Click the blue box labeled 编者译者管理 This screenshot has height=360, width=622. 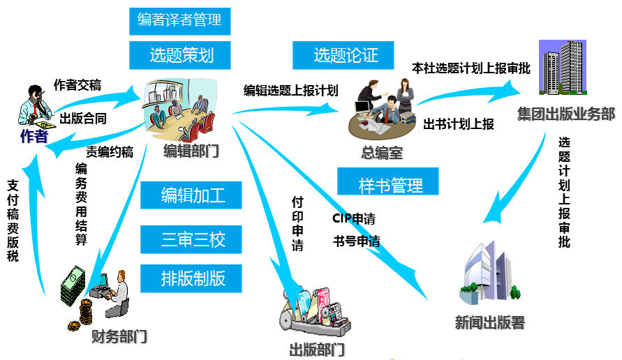click(179, 21)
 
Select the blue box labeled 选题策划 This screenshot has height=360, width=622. click(182, 55)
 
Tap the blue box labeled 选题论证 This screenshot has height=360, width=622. click(345, 55)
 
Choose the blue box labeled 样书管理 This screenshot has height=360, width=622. click(390, 186)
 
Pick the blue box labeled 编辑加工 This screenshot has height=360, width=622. click(193, 195)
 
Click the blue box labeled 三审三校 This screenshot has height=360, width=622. click(193, 240)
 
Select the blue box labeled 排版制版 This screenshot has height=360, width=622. click(193, 278)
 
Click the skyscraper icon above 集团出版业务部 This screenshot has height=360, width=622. click(563, 68)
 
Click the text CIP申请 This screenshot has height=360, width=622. click(353, 219)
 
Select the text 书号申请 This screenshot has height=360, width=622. click(357, 242)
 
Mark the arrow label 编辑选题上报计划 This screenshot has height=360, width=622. click(290, 90)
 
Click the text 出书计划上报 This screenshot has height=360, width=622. click(459, 125)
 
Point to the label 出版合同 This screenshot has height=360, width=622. click(83, 119)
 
